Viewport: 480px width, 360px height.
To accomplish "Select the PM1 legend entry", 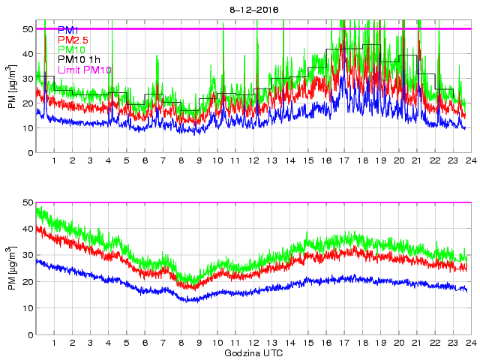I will coord(70,30).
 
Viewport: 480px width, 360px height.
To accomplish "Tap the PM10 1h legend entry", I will coord(79,59).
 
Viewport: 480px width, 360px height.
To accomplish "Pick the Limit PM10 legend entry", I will coord(84,70).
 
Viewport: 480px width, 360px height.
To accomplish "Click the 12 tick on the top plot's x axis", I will coord(253,160).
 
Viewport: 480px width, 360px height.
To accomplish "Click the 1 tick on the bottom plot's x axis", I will coord(54,343).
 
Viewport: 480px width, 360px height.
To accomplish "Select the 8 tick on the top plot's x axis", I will coord(181,160).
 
